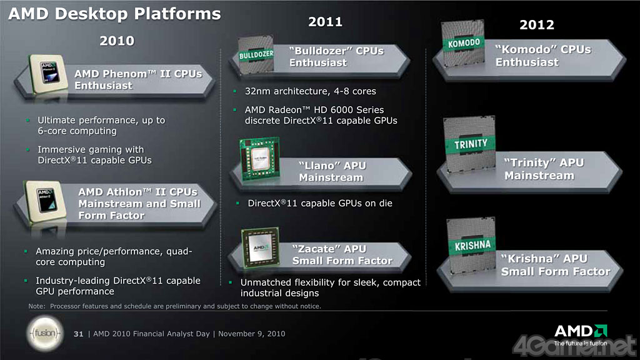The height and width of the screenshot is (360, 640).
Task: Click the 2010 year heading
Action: pyautogui.click(x=117, y=41)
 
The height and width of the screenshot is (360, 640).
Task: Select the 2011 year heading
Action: pyautogui.click(x=325, y=22)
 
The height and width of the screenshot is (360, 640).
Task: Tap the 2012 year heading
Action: pyautogui.click(x=537, y=25)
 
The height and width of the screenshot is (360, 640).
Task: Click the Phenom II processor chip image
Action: pyautogui.click(x=49, y=74)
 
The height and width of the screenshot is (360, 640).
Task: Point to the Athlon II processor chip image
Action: pyautogui.click(x=46, y=202)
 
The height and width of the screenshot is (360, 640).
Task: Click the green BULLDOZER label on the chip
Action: pyautogui.click(x=256, y=55)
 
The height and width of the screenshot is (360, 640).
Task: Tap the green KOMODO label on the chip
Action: pyautogui.click(x=464, y=43)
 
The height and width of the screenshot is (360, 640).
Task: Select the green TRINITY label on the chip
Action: pyautogui.click(x=471, y=144)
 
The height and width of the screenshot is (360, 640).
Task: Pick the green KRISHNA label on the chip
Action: pyautogui.click(x=472, y=245)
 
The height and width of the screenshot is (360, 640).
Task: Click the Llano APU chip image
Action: pyautogui.click(x=260, y=159)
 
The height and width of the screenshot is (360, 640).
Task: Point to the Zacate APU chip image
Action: pyautogui.click(x=261, y=247)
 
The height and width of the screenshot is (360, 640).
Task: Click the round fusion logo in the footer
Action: pyautogui.click(x=45, y=334)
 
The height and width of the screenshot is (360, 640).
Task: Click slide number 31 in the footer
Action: pyautogui.click(x=78, y=334)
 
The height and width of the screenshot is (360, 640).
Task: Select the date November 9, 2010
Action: pyautogui.click(x=251, y=334)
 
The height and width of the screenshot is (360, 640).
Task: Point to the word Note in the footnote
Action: pyautogui.click(x=36, y=306)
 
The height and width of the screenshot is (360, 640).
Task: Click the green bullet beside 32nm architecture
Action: pyautogui.click(x=235, y=91)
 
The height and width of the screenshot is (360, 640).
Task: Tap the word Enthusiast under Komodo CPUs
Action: pyautogui.click(x=527, y=62)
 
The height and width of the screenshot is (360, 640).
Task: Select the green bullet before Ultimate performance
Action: pyautogui.click(x=27, y=120)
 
